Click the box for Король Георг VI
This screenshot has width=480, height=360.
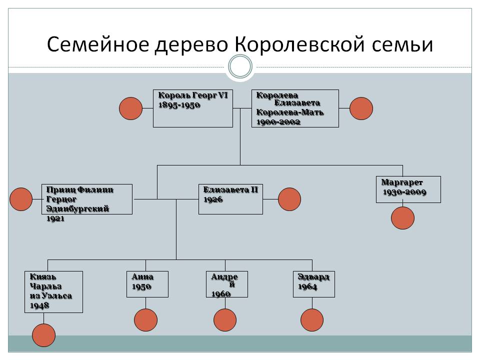[192, 108]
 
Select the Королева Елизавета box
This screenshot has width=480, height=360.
[295, 108]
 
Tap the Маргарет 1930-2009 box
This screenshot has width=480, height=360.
[408, 189]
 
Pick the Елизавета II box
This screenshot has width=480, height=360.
[230, 199]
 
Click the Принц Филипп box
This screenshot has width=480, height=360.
[87, 199]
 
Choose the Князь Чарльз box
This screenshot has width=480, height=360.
[53, 291]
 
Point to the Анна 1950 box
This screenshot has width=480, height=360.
[147, 284]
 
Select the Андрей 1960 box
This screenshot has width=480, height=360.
[227, 284]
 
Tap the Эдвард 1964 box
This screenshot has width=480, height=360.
[314, 284]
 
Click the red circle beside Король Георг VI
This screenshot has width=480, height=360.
[131, 108]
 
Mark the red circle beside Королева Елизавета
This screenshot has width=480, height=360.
[361, 108]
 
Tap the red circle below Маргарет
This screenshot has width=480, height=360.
[402, 218]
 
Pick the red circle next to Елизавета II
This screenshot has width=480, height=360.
[289, 199]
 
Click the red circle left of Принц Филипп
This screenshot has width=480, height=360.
[21, 199]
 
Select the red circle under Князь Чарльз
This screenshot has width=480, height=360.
[43, 335]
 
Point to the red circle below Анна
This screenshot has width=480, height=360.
[145, 320]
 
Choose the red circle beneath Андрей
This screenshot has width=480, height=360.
[225, 320]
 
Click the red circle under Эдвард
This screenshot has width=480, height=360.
[312, 320]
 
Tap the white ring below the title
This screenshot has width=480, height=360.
[240, 66]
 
